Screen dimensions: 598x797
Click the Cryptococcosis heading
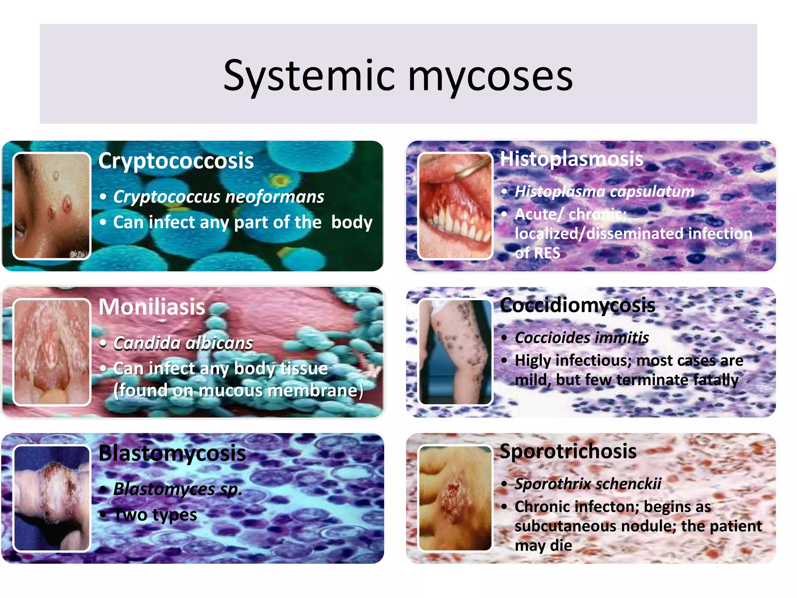pos(176,161)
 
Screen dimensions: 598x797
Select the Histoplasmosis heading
pos(571,159)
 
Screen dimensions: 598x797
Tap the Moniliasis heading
pos(152,307)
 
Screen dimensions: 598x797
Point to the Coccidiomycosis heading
pos(578,305)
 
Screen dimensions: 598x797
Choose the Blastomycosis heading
pos(172,453)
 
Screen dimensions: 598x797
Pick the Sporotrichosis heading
pos(568,451)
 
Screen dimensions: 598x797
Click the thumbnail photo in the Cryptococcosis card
pos(52,206)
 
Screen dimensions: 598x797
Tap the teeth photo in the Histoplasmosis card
pos(455,206)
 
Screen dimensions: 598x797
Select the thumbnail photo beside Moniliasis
pos(52,352)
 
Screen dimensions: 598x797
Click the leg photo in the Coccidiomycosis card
pos(455,352)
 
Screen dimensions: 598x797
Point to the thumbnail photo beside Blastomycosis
pos(52,498)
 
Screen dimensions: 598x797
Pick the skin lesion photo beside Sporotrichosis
pos(455,498)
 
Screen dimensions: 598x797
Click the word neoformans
pos(275,197)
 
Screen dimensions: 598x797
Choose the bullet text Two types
pos(155,515)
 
